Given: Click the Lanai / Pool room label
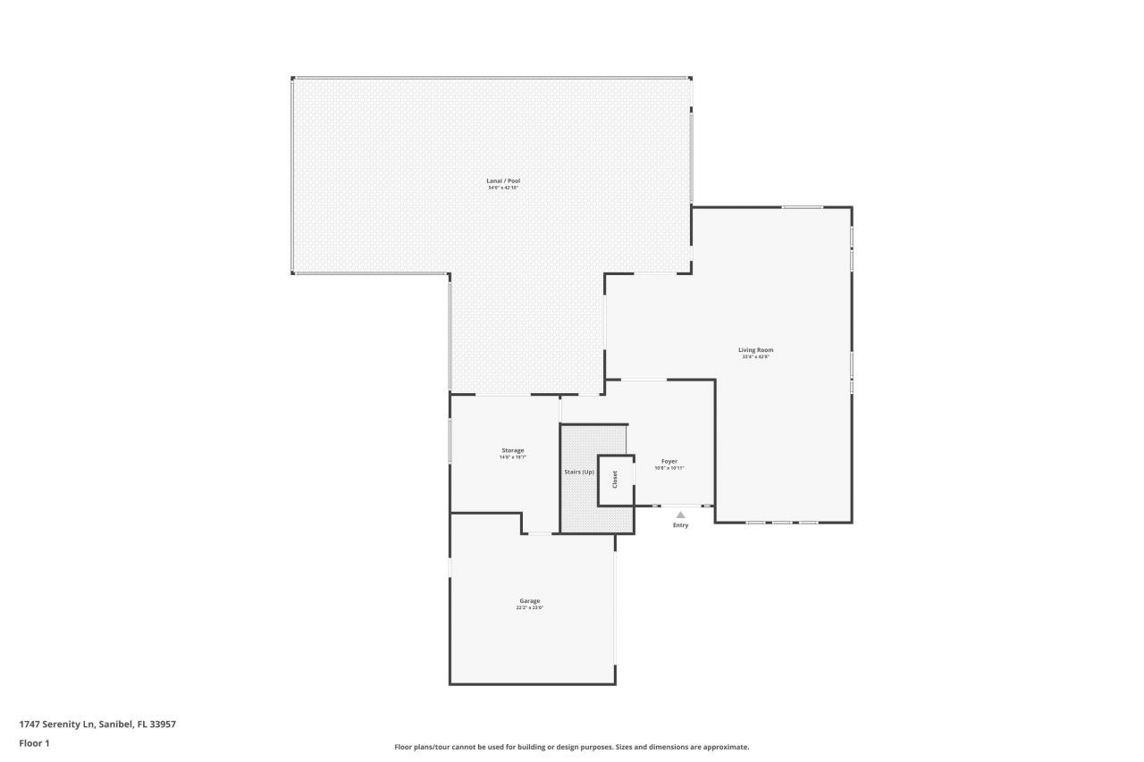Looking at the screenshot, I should (x=503, y=181).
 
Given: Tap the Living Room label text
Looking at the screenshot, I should (x=755, y=349).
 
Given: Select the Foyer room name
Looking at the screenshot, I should (x=669, y=461).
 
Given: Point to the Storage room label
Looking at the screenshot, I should (x=512, y=450).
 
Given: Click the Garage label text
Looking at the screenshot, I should (x=529, y=600).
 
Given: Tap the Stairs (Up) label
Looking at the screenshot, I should (x=578, y=472).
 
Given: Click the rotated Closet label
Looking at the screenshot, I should (x=615, y=480).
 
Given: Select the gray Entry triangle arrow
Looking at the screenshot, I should (x=680, y=515).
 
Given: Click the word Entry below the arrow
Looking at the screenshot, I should (x=680, y=525).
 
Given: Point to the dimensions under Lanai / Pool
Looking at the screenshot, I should (x=503, y=188).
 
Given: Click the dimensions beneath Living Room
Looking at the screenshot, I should (x=755, y=356).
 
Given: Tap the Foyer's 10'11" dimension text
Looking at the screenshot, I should (x=669, y=468).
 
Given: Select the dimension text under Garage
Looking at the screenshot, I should (x=529, y=607).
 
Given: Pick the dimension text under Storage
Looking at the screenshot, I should (x=512, y=457).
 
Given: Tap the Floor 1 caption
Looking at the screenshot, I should (x=34, y=743).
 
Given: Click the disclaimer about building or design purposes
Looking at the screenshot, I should (x=572, y=747).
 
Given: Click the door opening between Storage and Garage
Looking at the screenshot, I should (x=541, y=534).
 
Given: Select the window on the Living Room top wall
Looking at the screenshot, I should (x=802, y=207).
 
